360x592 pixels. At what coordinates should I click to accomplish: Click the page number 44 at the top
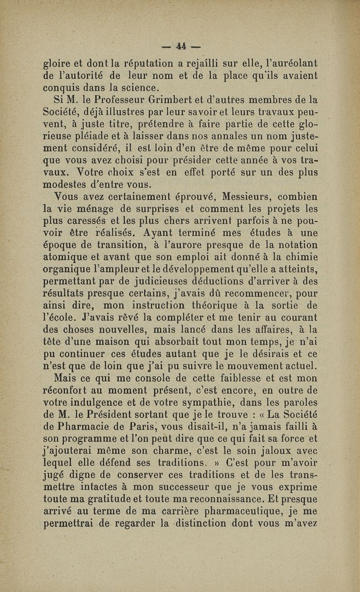[x=181, y=46]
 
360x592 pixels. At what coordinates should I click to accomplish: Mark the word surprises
[x=159, y=209]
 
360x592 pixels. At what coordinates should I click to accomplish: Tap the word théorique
[x=211, y=306]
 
